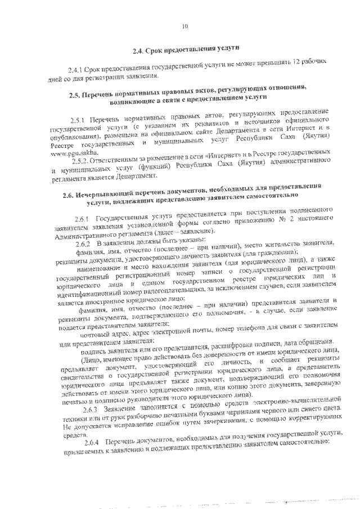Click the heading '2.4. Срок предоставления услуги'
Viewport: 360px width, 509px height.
point(186,51)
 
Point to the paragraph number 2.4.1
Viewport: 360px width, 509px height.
point(75,68)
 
